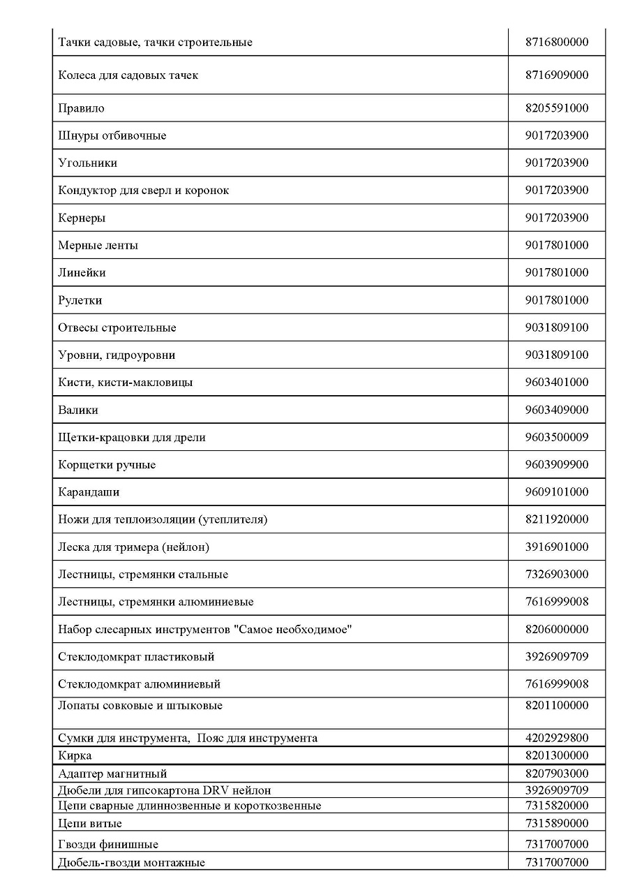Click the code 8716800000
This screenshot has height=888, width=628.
pyautogui.click(x=556, y=42)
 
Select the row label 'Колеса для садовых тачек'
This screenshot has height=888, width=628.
pyautogui.click(x=128, y=75)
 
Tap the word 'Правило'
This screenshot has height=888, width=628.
pyautogui.click(x=81, y=108)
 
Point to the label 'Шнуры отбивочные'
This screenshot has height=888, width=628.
pyautogui.click(x=112, y=135)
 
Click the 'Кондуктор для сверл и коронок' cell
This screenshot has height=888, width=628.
pyautogui.click(x=143, y=190)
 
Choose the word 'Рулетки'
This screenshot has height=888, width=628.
pyautogui.click(x=80, y=300)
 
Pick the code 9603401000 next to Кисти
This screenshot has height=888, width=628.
pyautogui.click(x=556, y=382)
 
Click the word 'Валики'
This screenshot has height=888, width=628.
pyautogui.click(x=78, y=410)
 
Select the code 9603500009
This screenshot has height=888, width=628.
pyautogui.click(x=556, y=437)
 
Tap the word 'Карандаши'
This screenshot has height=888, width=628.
pyautogui.click(x=89, y=492)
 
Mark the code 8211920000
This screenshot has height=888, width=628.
pyautogui.click(x=556, y=519)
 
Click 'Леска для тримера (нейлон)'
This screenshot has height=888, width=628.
pyautogui.click(x=133, y=547)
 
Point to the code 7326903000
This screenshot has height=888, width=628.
pyautogui.click(x=556, y=574)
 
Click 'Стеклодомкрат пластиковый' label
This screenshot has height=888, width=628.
pyautogui.click(x=136, y=656)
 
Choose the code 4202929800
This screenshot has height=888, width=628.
pyautogui.click(x=556, y=738)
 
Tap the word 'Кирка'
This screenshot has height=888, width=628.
pyautogui.click(x=75, y=755)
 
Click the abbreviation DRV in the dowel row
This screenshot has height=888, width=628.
pyautogui.click(x=217, y=790)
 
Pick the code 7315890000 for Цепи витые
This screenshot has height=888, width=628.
pyautogui.click(x=556, y=823)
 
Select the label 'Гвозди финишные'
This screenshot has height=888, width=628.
pyautogui.click(x=108, y=844)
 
